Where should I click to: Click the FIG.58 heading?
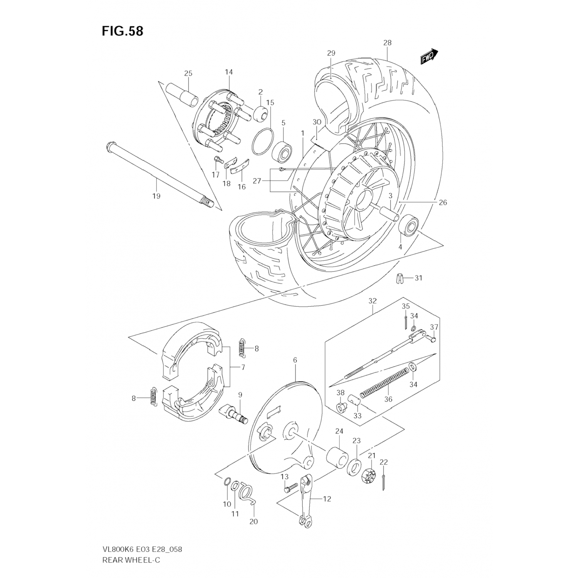[123, 31]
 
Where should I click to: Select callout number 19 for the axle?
[156, 196]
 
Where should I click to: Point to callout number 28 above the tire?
[387, 43]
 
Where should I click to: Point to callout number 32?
[372, 301]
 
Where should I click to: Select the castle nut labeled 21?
[369, 475]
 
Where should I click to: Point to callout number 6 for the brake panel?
[295, 360]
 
